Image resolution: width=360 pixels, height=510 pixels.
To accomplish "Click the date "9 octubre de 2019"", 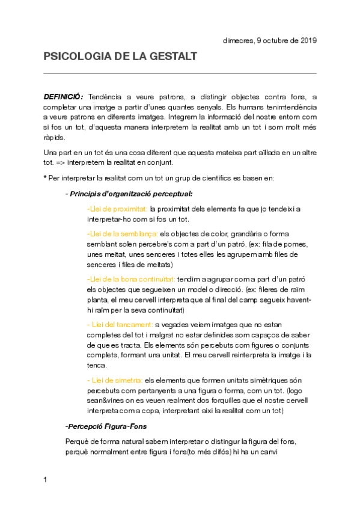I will [x=289, y=40].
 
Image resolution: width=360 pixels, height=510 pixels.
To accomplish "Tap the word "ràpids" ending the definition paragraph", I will [x=54, y=137].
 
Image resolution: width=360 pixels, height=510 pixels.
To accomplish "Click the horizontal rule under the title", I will [x=180, y=73].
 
